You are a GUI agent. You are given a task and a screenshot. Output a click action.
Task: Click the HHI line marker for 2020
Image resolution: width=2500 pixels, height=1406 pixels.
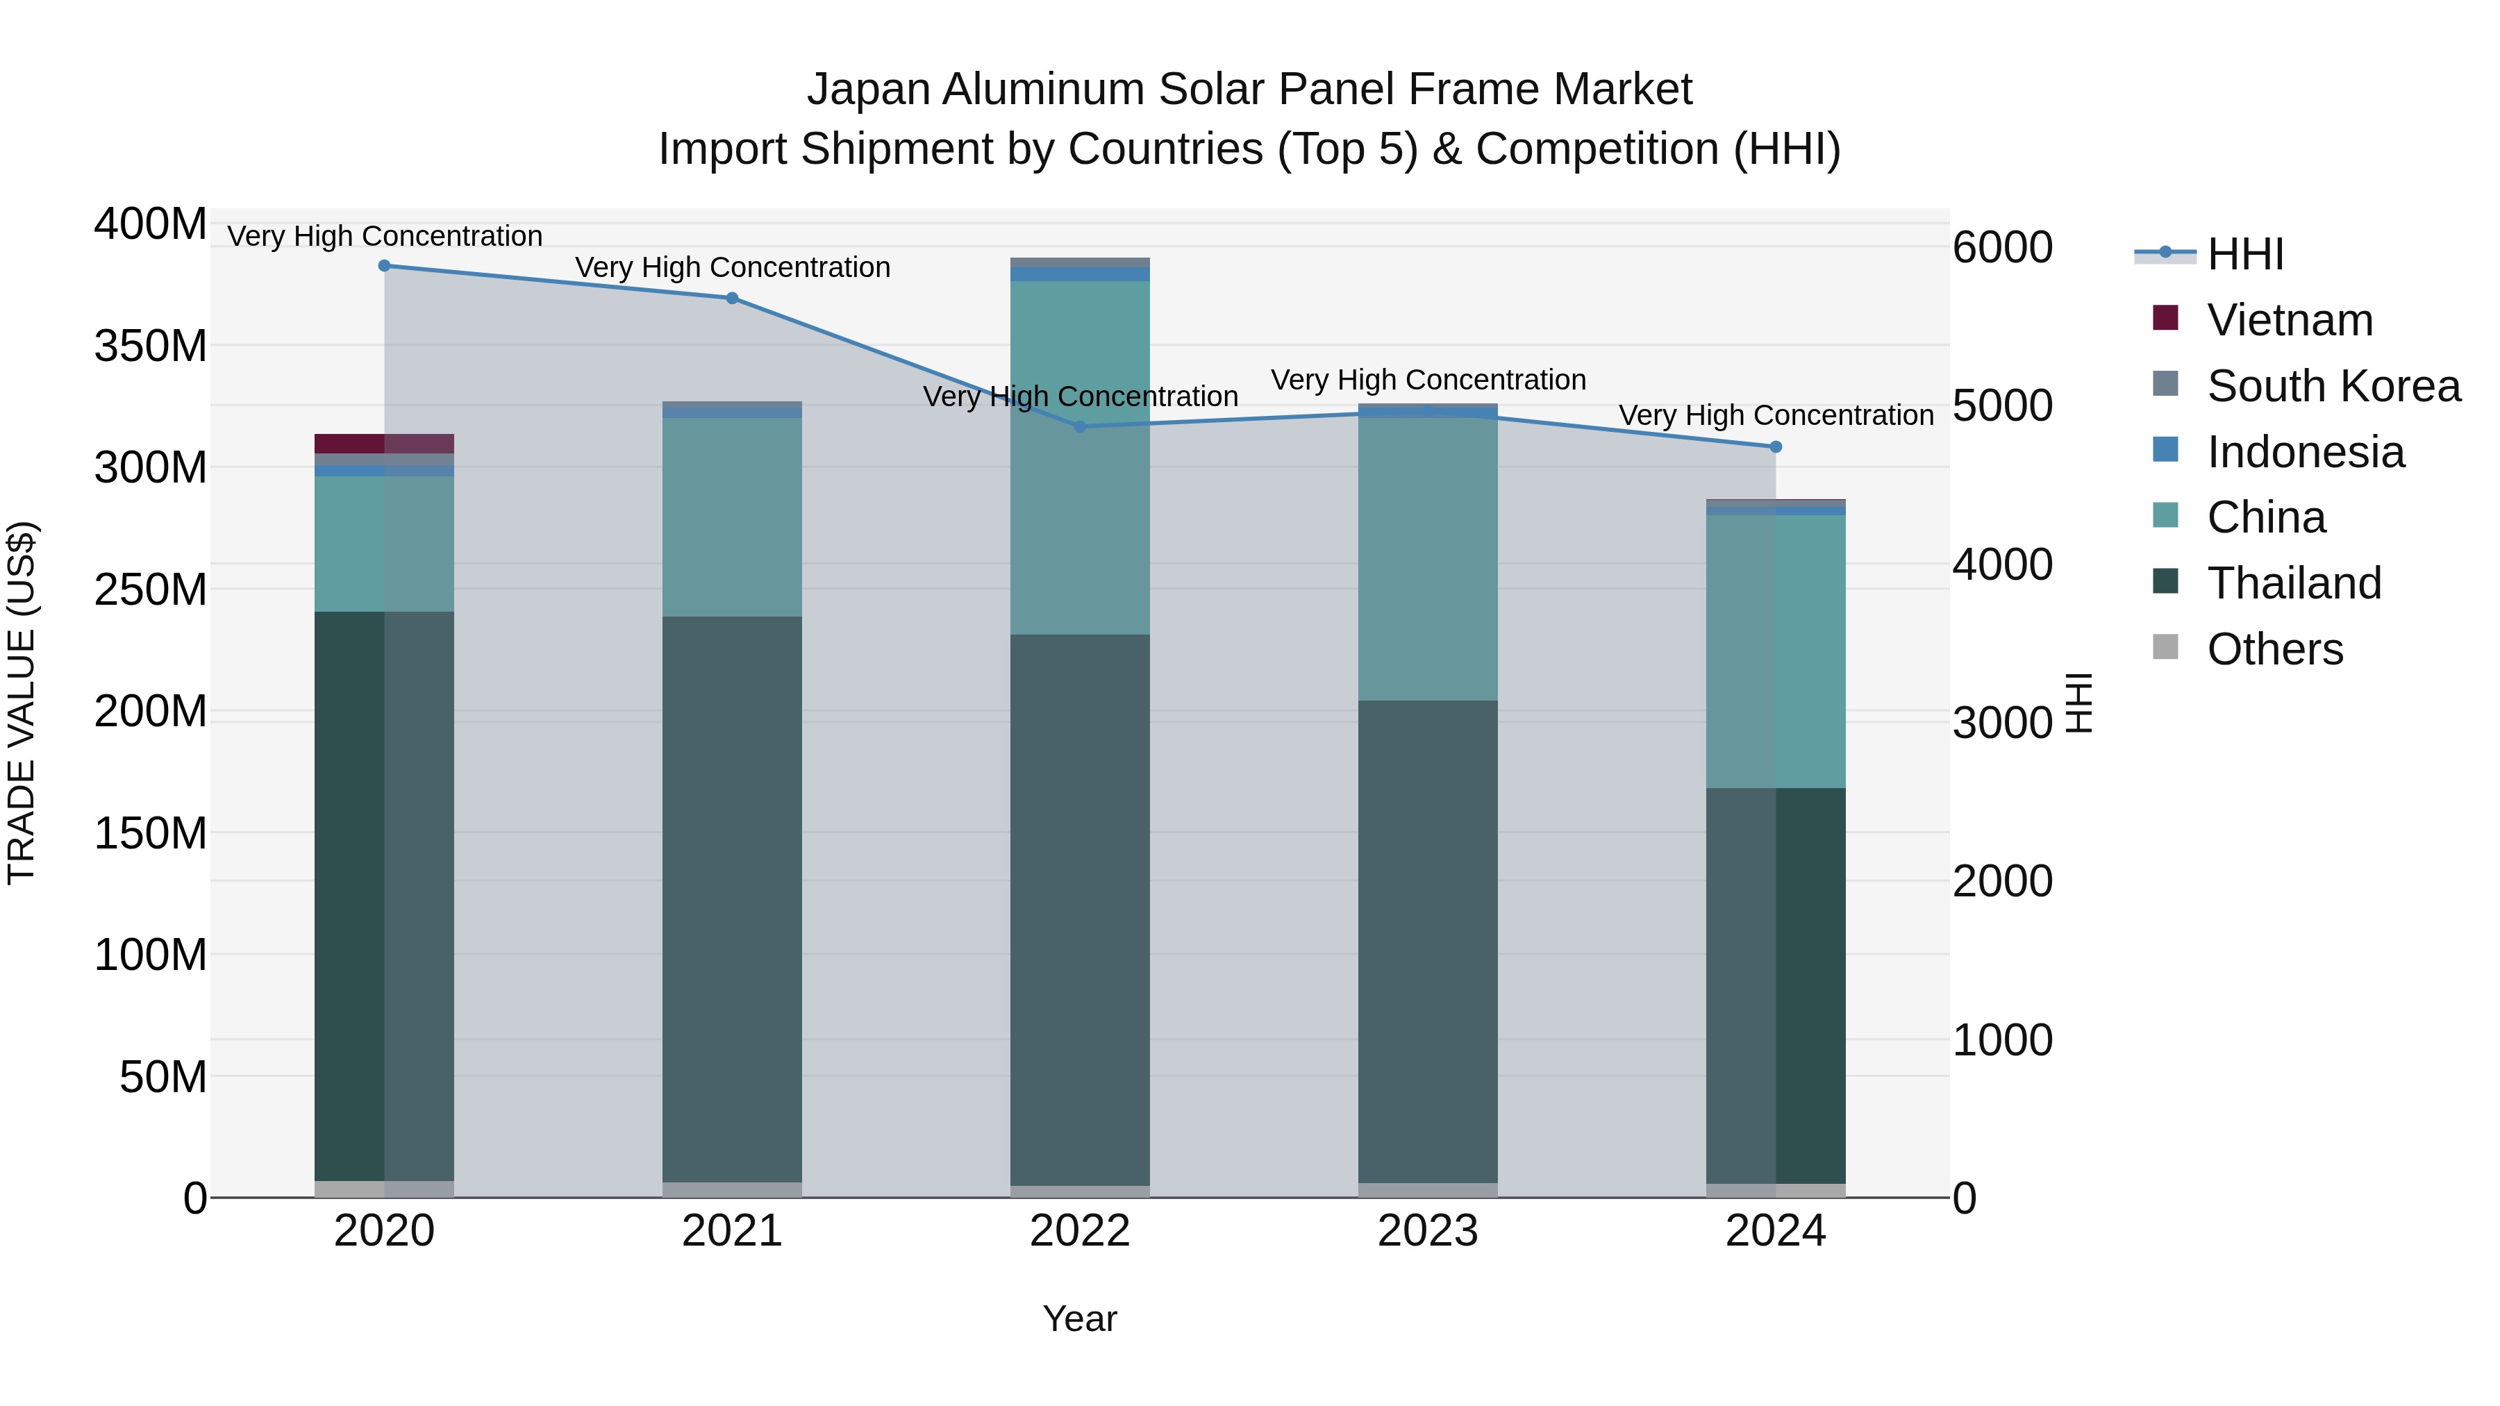pos(384,266)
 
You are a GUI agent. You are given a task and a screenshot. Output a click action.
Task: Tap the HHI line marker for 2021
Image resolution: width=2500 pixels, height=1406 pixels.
pos(732,298)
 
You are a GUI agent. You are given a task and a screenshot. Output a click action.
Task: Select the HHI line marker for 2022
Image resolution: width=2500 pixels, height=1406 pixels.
pos(1080,427)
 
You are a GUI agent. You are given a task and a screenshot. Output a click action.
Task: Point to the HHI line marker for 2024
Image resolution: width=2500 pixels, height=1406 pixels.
pos(1776,447)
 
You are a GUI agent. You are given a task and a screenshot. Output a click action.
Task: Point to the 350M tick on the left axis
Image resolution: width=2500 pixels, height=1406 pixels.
pos(151,346)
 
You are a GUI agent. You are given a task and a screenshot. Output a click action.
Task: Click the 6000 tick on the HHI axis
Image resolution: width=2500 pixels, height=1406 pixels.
pos(2002,247)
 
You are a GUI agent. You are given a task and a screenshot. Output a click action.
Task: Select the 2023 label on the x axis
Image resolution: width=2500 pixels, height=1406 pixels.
pos(1428,1231)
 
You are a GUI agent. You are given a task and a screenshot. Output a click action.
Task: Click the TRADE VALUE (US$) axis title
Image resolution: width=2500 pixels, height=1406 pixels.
pos(22,703)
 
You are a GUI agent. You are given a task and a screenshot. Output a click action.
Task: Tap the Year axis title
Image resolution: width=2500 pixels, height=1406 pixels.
pos(1079,1319)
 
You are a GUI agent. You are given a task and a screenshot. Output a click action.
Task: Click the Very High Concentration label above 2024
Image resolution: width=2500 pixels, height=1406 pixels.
pos(1776,415)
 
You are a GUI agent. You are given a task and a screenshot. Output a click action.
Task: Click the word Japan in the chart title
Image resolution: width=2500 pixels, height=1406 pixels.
pos(869,90)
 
